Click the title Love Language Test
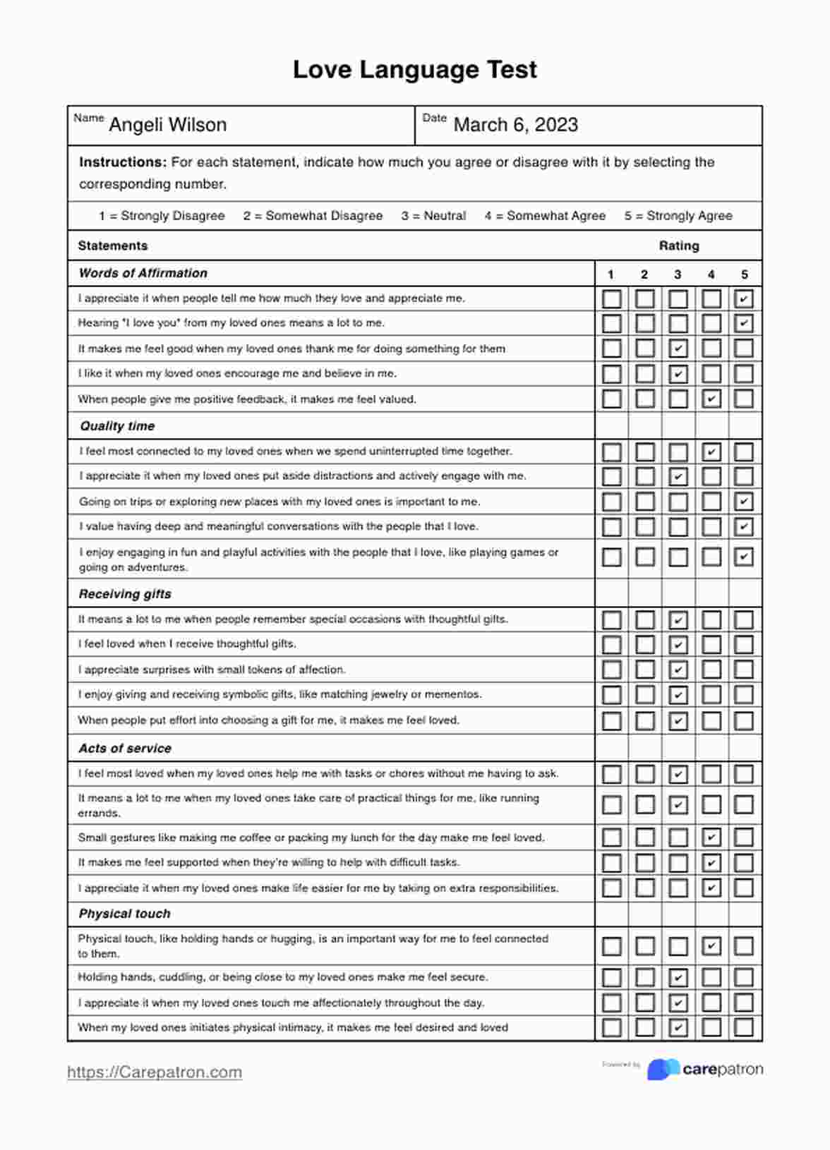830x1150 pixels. click(415, 69)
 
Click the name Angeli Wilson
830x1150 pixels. click(167, 125)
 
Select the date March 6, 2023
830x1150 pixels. click(515, 125)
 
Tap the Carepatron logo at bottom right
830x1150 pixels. click(704, 1069)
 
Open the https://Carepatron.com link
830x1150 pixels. click(155, 1072)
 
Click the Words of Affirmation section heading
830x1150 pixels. click(143, 273)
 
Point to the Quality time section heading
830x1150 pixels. click(117, 426)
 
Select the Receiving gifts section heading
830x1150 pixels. click(125, 594)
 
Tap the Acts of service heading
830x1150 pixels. click(125, 749)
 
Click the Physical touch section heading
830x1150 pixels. click(124, 914)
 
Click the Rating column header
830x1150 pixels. click(679, 246)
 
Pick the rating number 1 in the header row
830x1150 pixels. click(611, 274)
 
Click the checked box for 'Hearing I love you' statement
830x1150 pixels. click(744, 324)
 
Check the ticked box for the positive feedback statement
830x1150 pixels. click(711, 399)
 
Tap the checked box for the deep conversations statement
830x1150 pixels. click(744, 527)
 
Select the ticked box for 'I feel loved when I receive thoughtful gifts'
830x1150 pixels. click(678, 644)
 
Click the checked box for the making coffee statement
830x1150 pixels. click(711, 837)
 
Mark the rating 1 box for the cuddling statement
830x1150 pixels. click(611, 977)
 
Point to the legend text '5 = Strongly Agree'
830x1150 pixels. click(678, 216)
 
